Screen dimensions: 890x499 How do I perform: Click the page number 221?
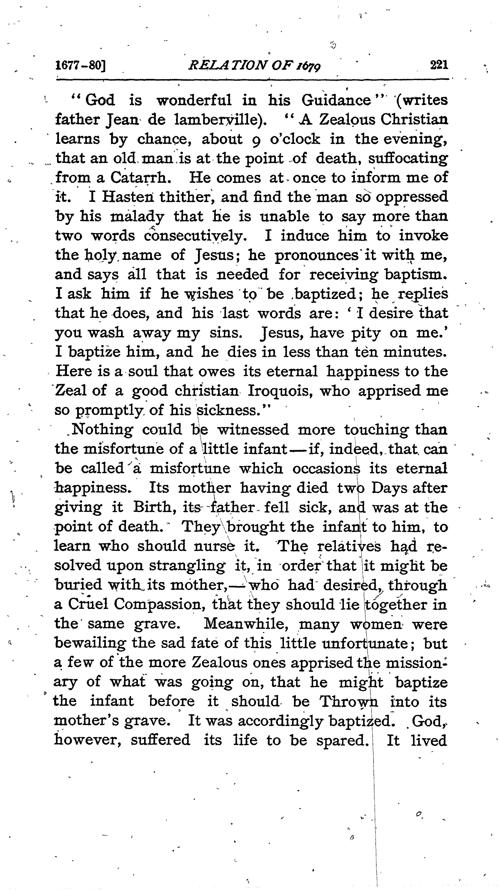click(x=439, y=65)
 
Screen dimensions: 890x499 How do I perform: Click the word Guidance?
click(x=337, y=100)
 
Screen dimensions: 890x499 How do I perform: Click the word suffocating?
click(x=408, y=159)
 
